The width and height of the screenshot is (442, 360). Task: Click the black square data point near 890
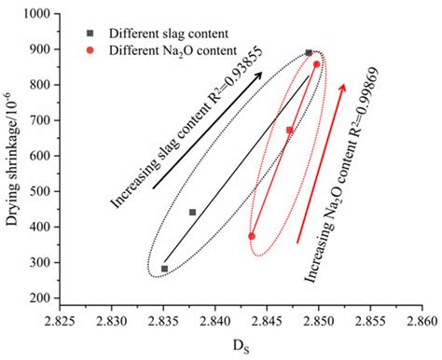(310, 53)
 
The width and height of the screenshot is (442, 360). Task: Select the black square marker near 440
(193, 213)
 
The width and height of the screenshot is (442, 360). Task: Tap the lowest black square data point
(164, 269)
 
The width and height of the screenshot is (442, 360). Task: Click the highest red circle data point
(317, 64)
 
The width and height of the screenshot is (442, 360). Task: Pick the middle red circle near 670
(290, 131)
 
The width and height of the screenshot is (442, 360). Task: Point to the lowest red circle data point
(252, 237)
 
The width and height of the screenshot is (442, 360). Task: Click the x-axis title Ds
(241, 347)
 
